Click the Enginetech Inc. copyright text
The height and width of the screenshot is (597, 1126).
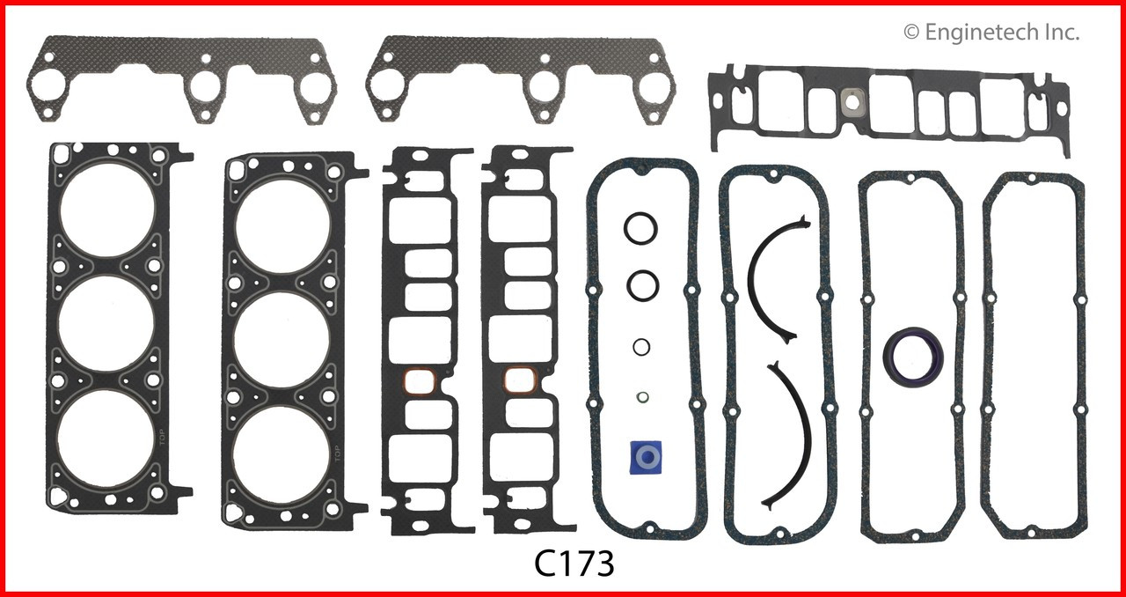[x=991, y=33]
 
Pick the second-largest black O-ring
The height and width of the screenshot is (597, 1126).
[x=644, y=284]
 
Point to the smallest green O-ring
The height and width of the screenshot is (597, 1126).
[x=643, y=396]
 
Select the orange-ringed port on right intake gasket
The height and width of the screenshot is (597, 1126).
[x=522, y=382]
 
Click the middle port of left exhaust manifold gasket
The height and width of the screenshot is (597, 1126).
[x=205, y=85]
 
